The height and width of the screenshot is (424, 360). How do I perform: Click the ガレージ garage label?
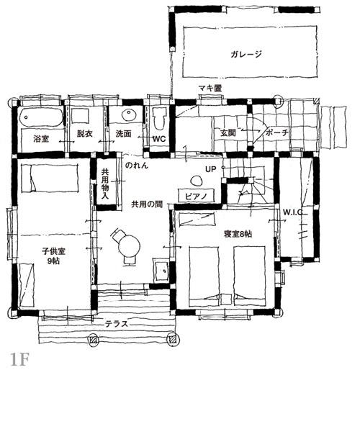246,55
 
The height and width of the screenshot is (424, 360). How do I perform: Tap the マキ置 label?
210,88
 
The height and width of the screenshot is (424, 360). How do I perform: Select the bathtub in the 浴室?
41,117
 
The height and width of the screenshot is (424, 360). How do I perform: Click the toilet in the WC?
159,119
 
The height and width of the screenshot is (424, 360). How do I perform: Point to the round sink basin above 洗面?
129,115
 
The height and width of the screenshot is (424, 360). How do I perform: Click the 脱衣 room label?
85,133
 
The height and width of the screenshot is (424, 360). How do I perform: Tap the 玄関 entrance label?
228,132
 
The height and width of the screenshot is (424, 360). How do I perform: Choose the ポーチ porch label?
276,132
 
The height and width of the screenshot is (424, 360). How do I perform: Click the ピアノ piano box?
197,195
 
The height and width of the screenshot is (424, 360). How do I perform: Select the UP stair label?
211,169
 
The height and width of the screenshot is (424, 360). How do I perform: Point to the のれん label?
137,166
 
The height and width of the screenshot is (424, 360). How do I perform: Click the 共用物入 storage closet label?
105,184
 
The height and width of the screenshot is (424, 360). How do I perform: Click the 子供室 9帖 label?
53,256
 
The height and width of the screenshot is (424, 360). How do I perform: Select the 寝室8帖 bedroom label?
238,234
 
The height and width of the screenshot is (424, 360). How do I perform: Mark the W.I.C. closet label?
293,212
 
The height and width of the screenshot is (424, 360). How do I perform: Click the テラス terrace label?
117,324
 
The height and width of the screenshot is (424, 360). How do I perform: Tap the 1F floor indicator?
19,360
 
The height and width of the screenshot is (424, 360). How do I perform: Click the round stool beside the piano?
196,181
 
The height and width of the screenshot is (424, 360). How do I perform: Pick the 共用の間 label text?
147,204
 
